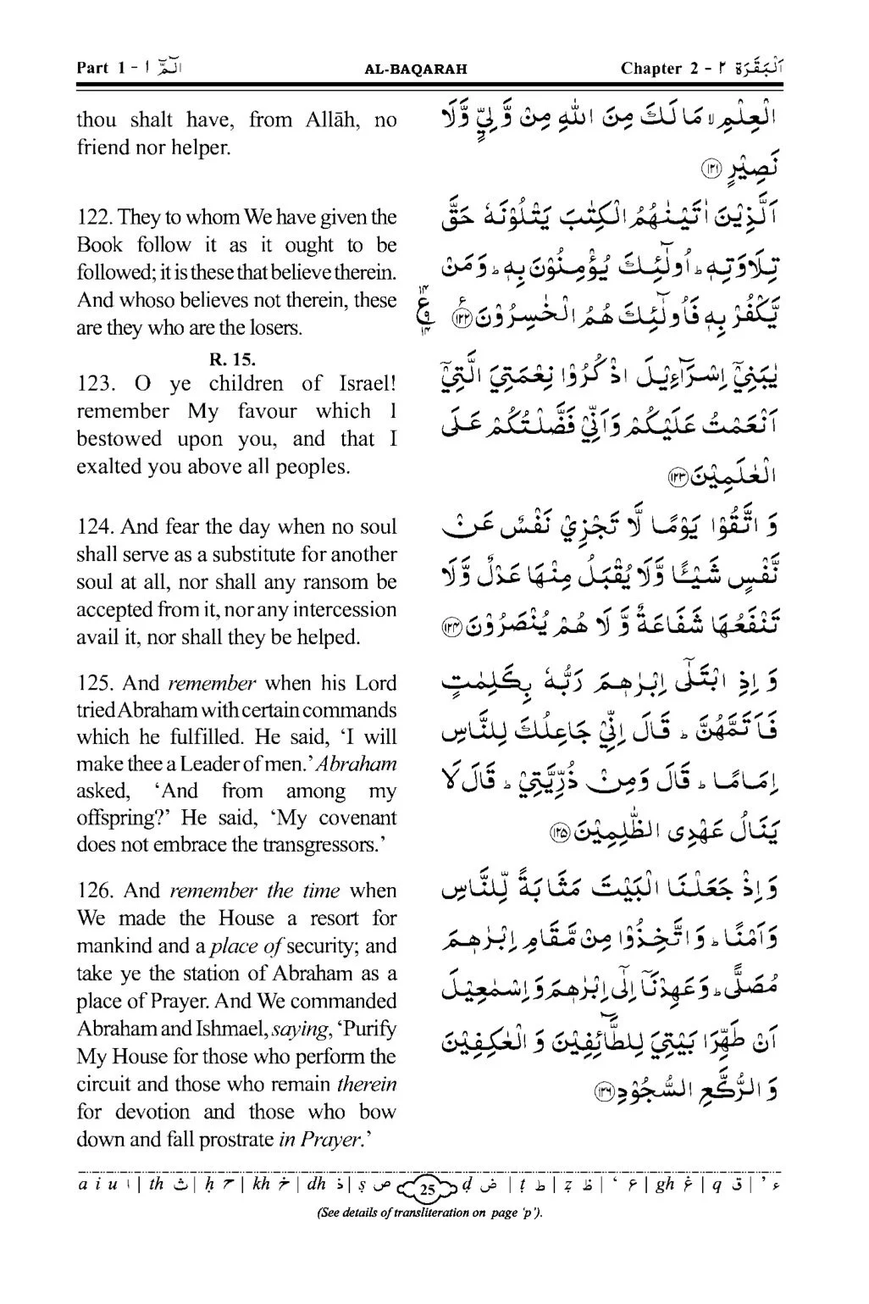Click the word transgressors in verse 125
point(307,845)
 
